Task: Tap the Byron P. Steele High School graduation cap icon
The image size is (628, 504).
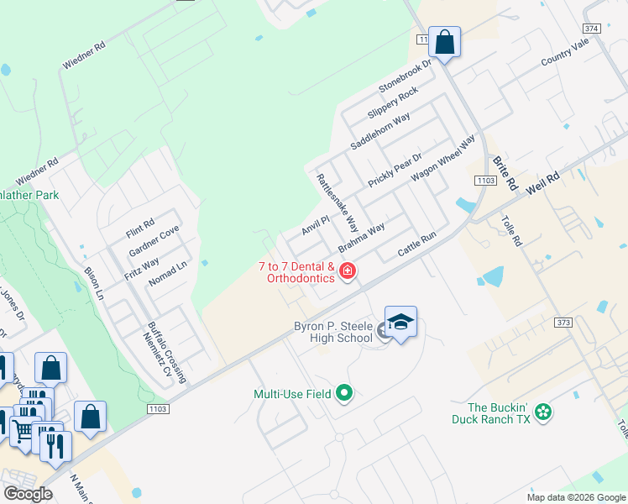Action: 401,322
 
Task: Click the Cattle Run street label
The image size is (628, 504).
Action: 417,246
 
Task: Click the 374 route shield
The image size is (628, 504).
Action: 591,29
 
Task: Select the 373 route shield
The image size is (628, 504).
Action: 563,322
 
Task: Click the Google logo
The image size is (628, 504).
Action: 29,494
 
